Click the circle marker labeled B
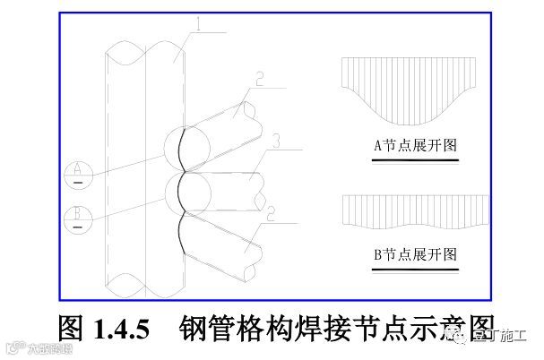pos(79,215)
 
